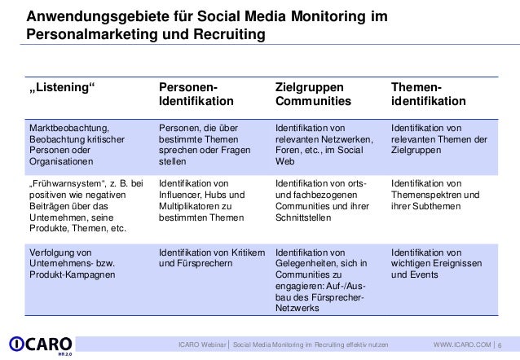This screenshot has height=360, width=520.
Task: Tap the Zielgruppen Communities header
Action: point(311,94)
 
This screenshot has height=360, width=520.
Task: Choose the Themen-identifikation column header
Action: point(429,94)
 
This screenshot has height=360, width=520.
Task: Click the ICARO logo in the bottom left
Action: point(40,345)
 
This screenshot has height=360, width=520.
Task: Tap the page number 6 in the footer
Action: point(510,345)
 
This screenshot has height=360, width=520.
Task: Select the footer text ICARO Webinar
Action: point(202,345)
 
